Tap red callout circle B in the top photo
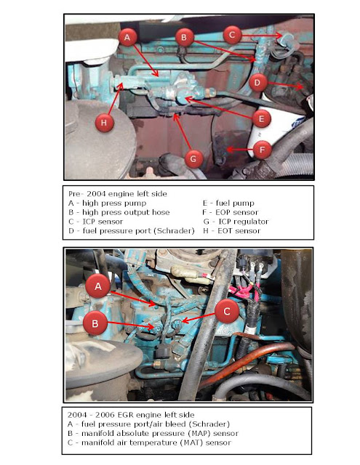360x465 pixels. pyautogui.click(x=185, y=37)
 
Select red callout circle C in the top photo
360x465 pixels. pyautogui.click(x=231, y=33)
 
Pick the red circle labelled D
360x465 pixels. pyautogui.click(x=256, y=84)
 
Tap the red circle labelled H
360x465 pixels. pyautogui.click(x=104, y=124)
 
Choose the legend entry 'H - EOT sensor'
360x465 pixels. pyautogui.click(x=232, y=231)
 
